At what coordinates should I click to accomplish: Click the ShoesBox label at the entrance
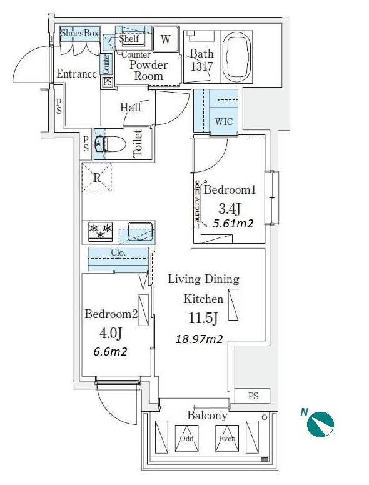[79, 33]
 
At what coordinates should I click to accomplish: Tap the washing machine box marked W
[166, 39]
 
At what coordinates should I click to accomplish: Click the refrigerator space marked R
[96, 177]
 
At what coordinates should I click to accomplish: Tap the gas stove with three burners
[100, 232]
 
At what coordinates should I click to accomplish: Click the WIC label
[223, 121]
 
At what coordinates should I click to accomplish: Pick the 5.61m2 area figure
[233, 223]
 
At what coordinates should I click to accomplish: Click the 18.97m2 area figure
[199, 339]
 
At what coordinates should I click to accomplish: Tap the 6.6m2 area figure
[110, 351]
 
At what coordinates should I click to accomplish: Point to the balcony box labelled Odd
[186, 438]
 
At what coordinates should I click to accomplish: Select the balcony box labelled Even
[227, 438]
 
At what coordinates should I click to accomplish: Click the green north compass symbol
[320, 424]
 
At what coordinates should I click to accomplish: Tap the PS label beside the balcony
[253, 396]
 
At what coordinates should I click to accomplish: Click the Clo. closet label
[118, 252]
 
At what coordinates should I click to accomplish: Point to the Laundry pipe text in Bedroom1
[197, 204]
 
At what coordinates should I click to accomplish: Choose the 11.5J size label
[203, 318]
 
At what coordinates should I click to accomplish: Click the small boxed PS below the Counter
[108, 82]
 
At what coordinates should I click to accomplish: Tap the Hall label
[130, 107]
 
